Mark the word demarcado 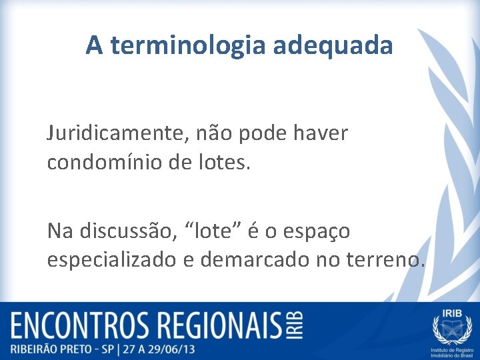(x=238, y=259)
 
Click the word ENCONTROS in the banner (x=79, y=327)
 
